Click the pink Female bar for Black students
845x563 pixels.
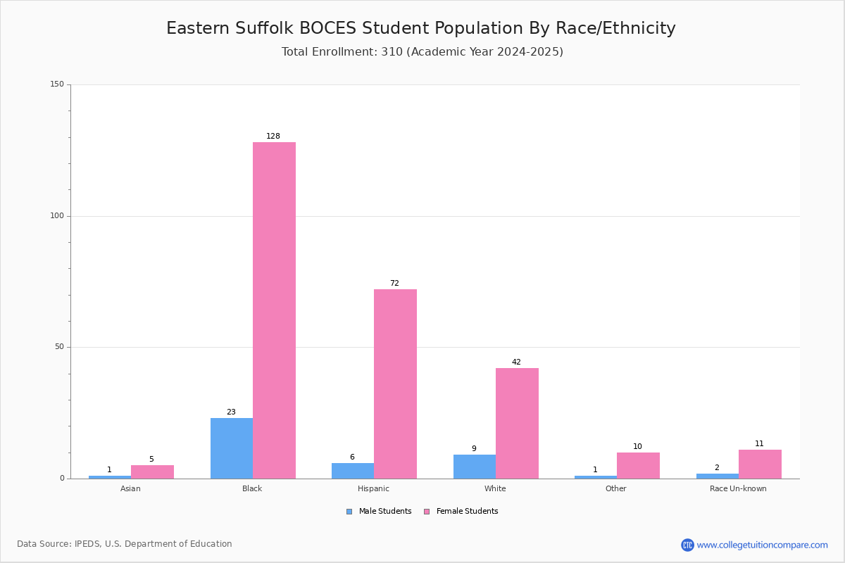[274, 310]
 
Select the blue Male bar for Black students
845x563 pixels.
[232, 448]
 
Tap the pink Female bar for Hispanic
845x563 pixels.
[395, 384]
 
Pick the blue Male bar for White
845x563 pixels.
[475, 467]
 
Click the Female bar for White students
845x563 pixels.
[517, 424]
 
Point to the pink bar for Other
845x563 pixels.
[638, 466]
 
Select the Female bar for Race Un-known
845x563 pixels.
[760, 464]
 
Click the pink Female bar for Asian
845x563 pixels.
[152, 472]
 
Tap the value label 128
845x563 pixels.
[273, 136]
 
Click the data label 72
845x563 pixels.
[394, 283]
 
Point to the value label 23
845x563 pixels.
[231, 412]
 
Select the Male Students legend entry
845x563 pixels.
[379, 511]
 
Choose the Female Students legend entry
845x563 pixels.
[461, 511]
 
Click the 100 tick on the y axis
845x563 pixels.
[57, 215]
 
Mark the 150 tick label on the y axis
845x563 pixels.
[57, 84]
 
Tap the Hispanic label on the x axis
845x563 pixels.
[373, 488]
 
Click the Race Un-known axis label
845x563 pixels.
[738, 488]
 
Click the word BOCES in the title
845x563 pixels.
[327, 28]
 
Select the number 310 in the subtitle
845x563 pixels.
[392, 51]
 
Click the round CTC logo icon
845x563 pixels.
[687, 545]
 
